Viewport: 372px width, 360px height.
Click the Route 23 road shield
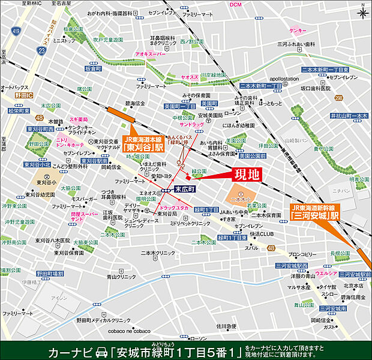pos(40,52)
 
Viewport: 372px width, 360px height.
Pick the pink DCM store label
pos(235,5)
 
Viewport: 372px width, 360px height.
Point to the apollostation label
pos(284,79)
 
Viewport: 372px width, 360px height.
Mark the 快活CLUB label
pos(261,234)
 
